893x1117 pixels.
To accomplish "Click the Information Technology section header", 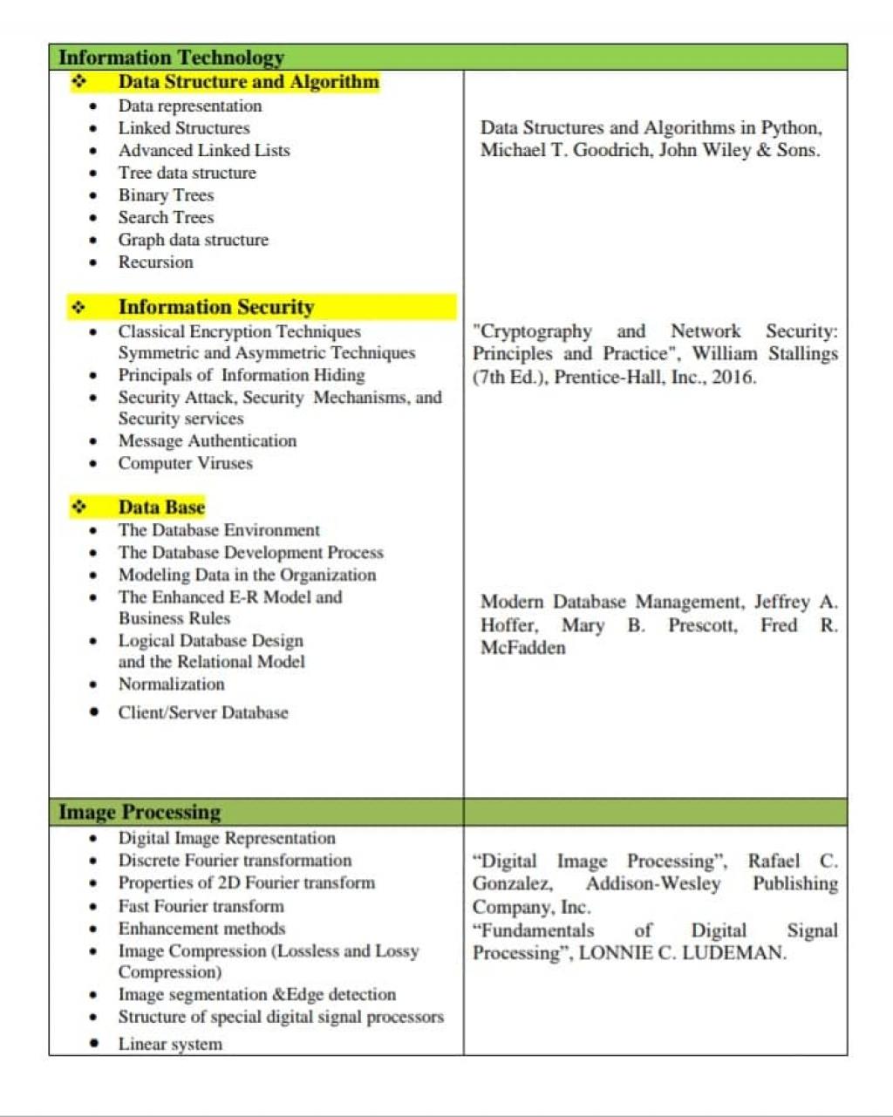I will click(x=171, y=58).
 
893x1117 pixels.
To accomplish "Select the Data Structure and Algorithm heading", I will click(x=249, y=82).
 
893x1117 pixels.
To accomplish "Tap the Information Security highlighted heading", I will click(x=215, y=307).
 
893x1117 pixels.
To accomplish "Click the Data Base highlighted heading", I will click(x=161, y=507).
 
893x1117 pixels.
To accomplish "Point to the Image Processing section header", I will click(x=140, y=813).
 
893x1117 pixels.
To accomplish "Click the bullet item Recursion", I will click(x=156, y=262).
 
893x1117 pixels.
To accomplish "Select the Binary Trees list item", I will click(x=166, y=195).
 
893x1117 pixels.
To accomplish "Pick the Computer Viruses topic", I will click(x=185, y=463).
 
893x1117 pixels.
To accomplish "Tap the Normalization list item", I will click(x=171, y=685).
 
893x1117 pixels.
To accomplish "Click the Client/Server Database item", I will click(x=202, y=712).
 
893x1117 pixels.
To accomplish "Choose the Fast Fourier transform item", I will click(x=201, y=906).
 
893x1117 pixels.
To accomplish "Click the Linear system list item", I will click(x=170, y=1044).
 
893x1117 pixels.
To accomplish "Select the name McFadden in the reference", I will click(x=523, y=648).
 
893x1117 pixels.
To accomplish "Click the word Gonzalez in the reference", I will click(x=512, y=884).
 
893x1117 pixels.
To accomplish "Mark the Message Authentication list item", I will click(x=208, y=441).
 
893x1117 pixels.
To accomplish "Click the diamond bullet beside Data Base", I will click(x=79, y=507).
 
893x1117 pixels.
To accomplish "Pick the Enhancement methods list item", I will click(x=201, y=929).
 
